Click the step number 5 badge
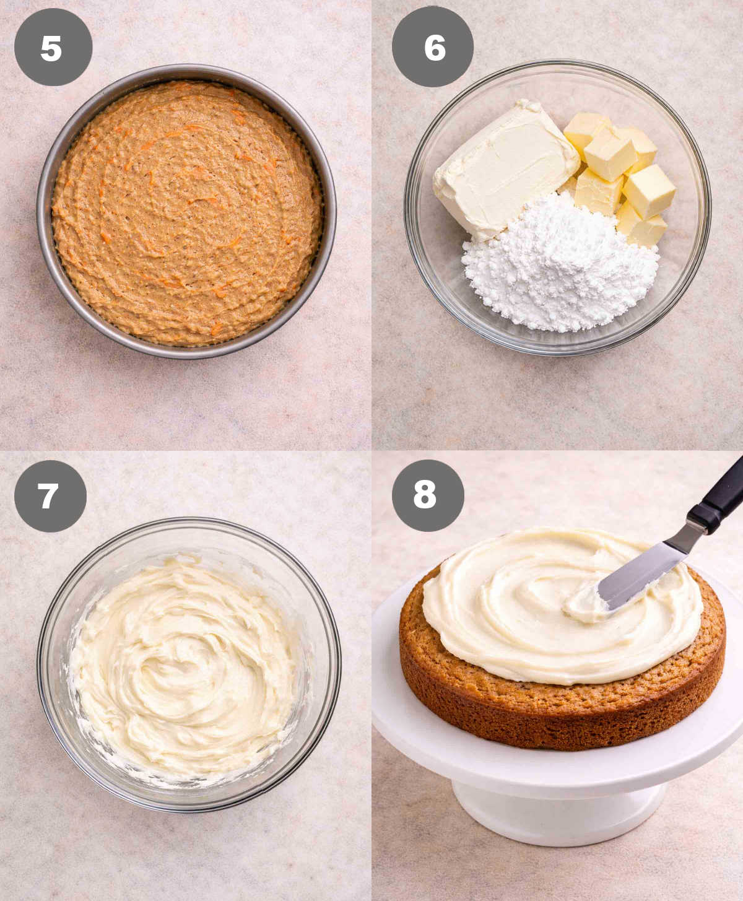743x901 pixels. click(x=53, y=47)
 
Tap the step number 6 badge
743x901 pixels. click(x=432, y=47)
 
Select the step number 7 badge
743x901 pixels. click(x=50, y=496)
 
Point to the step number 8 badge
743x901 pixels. click(x=427, y=495)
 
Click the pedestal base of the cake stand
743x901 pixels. click(x=557, y=811)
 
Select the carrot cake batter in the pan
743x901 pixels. click(x=186, y=211)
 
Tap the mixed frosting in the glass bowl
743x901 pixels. click(x=186, y=669)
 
